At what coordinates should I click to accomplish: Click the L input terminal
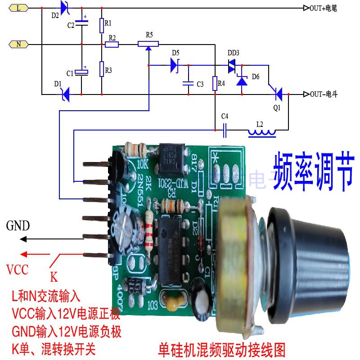18,8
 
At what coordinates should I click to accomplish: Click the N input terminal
18,44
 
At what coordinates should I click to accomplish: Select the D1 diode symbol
65,94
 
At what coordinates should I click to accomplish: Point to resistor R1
102,26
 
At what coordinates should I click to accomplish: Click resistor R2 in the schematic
112,44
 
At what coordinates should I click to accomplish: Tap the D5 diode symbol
175,66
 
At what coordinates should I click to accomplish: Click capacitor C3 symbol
188,83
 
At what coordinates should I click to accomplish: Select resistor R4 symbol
215,83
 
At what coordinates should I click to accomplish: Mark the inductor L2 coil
262,132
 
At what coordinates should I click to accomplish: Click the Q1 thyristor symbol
279,94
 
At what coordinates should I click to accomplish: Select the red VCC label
18,270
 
